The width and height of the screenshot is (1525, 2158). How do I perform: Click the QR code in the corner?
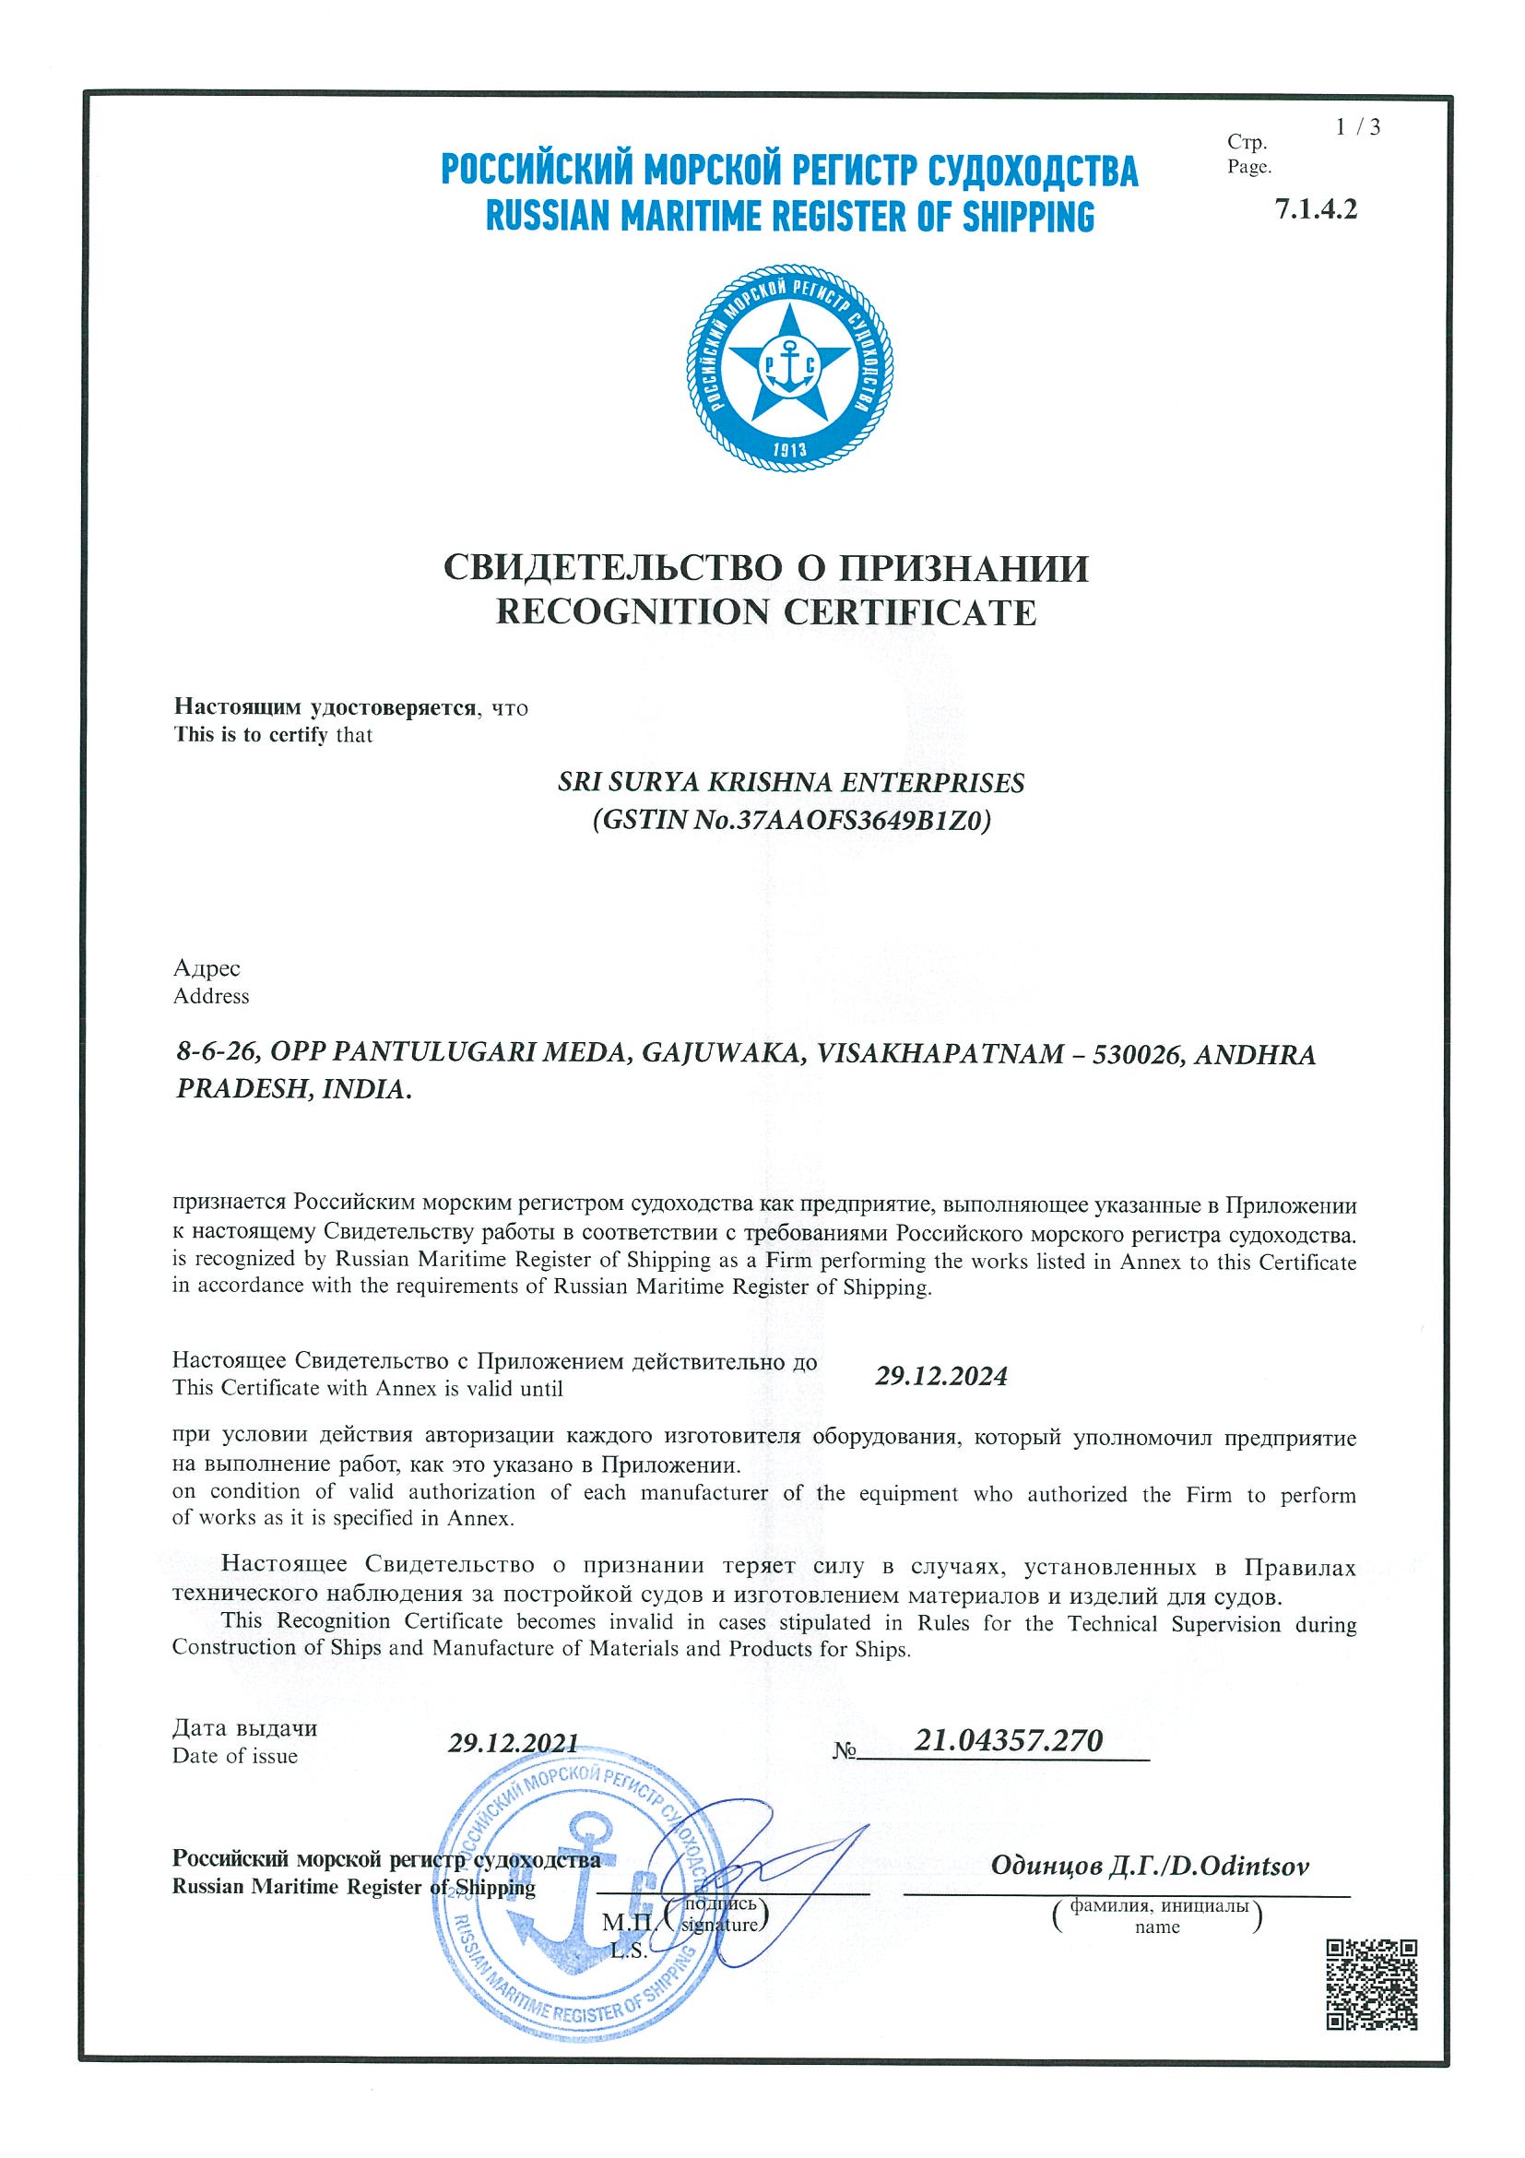1371,1983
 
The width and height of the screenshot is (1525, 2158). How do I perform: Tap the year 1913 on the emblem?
789,449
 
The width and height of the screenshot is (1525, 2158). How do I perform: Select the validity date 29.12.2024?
940,1377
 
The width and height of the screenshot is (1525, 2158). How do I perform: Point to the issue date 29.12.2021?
512,1742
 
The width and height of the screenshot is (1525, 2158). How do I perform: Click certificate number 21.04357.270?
1008,1739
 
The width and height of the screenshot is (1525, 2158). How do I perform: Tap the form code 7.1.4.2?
1316,208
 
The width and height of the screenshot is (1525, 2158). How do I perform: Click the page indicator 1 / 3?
1358,128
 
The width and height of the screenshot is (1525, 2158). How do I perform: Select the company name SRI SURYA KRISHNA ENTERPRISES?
790,782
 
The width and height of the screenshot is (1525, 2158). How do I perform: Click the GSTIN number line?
790,822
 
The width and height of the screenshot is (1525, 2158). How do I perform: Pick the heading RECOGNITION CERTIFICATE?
766,611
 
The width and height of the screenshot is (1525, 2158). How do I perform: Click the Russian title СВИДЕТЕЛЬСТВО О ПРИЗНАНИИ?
766,568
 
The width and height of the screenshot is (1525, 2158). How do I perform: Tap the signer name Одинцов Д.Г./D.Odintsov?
1149,1867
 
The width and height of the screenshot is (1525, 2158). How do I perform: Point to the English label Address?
210,996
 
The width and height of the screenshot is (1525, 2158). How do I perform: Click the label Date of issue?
235,1756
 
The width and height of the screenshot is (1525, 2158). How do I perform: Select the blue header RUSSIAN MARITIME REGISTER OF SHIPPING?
789,216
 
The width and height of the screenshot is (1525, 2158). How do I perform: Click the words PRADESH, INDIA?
293,1089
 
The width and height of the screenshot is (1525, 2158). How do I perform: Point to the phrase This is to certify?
250,735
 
